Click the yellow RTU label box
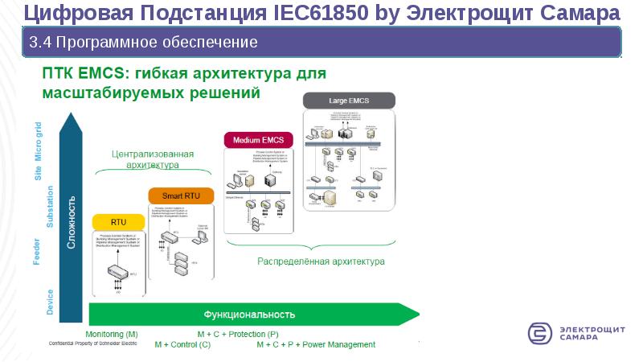tap(118, 221)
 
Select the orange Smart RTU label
tap(181, 195)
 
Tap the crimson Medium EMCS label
tap(258, 140)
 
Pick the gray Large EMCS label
tap(349, 101)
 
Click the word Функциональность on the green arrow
tap(250, 315)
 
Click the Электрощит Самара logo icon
tap(540, 333)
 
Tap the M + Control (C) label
tap(183, 344)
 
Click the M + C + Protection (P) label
tap(238, 334)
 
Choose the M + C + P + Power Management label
tap(316, 344)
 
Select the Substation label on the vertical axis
tap(50, 207)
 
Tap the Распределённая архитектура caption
tap(321, 261)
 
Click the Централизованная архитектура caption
tap(144, 158)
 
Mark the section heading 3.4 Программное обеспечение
tap(143, 41)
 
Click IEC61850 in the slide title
tap(323, 13)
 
